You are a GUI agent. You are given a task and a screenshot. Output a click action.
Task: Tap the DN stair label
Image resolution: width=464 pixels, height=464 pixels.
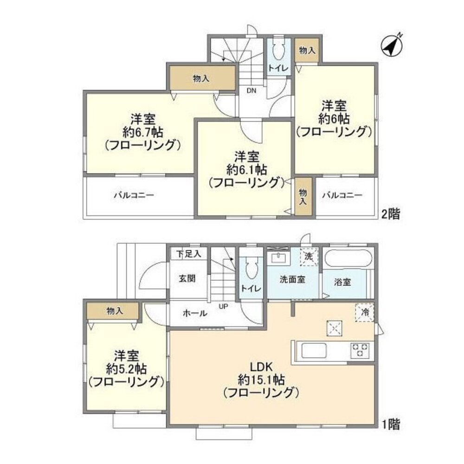pos(251,90)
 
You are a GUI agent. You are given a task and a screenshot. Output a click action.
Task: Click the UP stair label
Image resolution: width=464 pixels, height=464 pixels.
pos(224,306)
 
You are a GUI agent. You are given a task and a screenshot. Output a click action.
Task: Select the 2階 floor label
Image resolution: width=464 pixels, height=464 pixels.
pos(390,213)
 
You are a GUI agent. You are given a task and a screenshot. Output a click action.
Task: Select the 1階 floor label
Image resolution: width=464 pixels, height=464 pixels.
pos(390,425)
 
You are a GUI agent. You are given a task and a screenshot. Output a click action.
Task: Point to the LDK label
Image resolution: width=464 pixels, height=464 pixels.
pos(261,367)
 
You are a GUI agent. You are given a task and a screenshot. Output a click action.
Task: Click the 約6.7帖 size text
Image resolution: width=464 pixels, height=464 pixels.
pos(143,132)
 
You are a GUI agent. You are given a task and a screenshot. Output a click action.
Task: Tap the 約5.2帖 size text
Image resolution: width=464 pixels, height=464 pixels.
pos(127,369)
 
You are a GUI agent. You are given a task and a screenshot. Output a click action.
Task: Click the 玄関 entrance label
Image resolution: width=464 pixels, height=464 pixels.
pos(187,278)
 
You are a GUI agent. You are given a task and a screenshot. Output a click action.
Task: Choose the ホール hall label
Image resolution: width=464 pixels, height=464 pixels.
pos(195,313)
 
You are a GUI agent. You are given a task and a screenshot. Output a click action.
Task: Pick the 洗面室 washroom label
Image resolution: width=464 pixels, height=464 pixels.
pos(292,279)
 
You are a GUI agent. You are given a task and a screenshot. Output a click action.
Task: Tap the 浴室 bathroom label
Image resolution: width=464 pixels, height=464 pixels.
pos(342,282)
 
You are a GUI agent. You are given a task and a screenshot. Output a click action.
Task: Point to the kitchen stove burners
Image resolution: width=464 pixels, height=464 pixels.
pos(359,349)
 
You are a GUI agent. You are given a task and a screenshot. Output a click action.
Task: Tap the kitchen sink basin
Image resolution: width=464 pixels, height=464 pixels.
pos(314,351)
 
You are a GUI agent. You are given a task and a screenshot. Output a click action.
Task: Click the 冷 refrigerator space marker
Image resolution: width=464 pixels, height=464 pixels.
pos(365,312)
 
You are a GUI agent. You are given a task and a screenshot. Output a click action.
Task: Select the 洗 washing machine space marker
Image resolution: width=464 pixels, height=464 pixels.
pos(309,256)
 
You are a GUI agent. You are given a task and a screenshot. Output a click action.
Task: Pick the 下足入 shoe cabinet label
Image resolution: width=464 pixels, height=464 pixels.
pos(188,254)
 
